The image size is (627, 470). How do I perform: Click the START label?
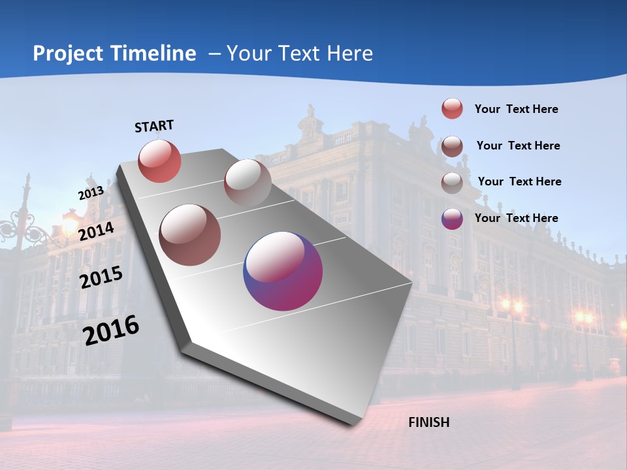pos(154,126)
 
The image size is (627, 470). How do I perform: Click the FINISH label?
pos(428,422)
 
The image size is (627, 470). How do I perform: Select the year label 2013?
pos(91,193)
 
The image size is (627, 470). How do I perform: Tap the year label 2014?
pos(97,231)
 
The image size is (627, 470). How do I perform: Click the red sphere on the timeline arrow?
pos(159,161)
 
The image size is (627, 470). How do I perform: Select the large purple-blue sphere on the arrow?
pos(283,271)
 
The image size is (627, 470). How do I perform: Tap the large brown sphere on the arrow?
pos(189,235)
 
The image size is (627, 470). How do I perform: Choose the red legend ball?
pos(452,108)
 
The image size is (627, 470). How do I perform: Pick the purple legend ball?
pos(452,219)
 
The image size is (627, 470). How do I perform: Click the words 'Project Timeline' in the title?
pos(114,54)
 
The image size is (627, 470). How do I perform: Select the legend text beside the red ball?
pos(516,109)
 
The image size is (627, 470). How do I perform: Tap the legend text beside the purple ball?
pos(516,218)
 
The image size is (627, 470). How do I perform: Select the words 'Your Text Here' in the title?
pos(299,54)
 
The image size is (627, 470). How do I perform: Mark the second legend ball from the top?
pos(452,146)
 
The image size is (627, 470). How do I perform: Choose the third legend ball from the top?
pos(452,182)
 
